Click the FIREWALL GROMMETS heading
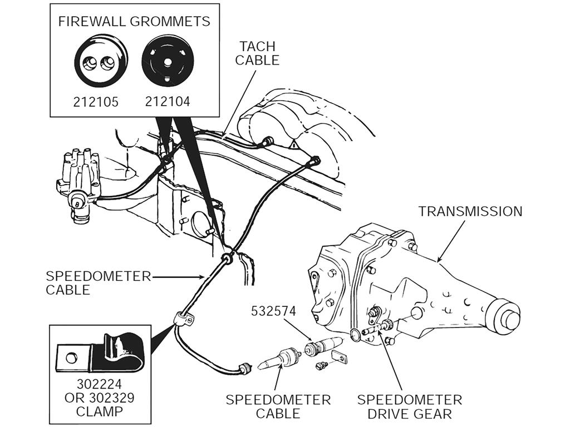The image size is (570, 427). pyautogui.click(x=134, y=22)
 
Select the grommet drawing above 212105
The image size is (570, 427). pyautogui.click(x=101, y=61)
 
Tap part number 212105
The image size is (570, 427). pyautogui.click(x=96, y=102)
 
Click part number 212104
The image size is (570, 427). pyautogui.click(x=168, y=102)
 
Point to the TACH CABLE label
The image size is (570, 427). pyautogui.click(x=257, y=53)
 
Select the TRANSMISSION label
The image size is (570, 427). pyautogui.click(x=470, y=211)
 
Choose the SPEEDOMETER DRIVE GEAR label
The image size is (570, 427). pyautogui.click(x=409, y=406)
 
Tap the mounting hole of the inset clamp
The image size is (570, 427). pyautogui.click(x=71, y=356)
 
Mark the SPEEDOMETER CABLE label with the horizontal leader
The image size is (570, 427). pyautogui.click(x=98, y=283)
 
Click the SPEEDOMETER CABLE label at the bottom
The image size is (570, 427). pyautogui.click(x=278, y=406)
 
